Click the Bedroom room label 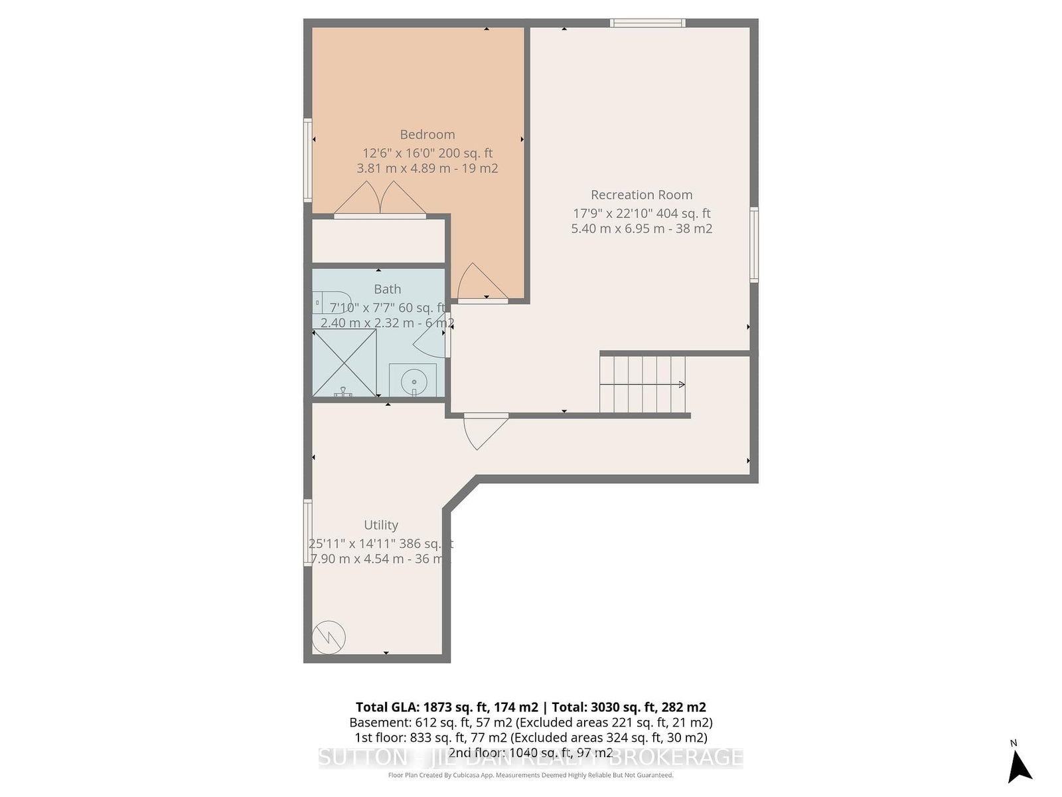pos(427,135)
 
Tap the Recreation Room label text pos(641,195)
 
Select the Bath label pos(387,290)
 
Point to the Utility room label pos(381,525)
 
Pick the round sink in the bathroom pos(413,381)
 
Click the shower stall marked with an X pos(344,363)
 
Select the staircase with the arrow pos(643,385)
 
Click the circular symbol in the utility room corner pos(329,637)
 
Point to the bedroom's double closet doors pos(380,200)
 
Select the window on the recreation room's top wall pos(647,23)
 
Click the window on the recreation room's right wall pos(754,244)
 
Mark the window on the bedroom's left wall pos(308,159)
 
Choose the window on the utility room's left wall pos(308,533)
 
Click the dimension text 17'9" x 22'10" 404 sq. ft pos(641,214)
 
